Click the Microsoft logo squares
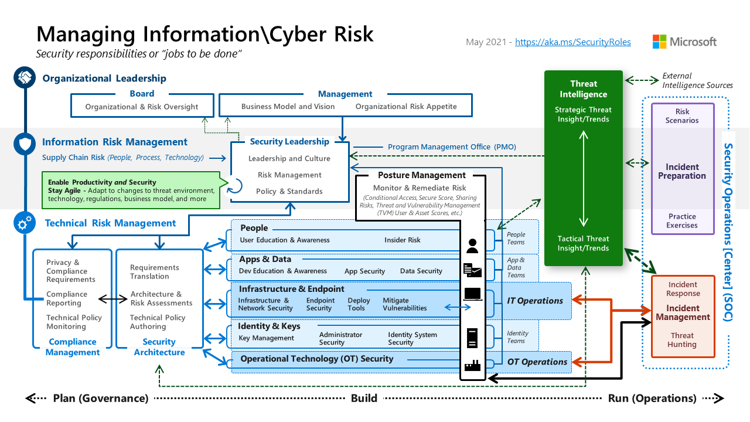[660, 42]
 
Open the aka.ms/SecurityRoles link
[572, 42]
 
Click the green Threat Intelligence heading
[583, 89]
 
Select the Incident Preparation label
[682, 171]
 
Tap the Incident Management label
[683, 312]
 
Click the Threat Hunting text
[683, 340]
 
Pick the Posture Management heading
[421, 175]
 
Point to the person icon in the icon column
[472, 246]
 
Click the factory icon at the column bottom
[472, 365]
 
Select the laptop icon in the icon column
[472, 294]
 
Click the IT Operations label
[534, 301]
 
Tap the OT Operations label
[537, 362]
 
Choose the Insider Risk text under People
[403, 240]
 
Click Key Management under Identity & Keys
[266, 338]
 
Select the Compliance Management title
[73, 347]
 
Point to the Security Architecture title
[159, 347]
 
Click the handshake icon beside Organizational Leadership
[25, 78]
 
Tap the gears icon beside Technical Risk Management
[25, 223]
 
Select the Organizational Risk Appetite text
[405, 107]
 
